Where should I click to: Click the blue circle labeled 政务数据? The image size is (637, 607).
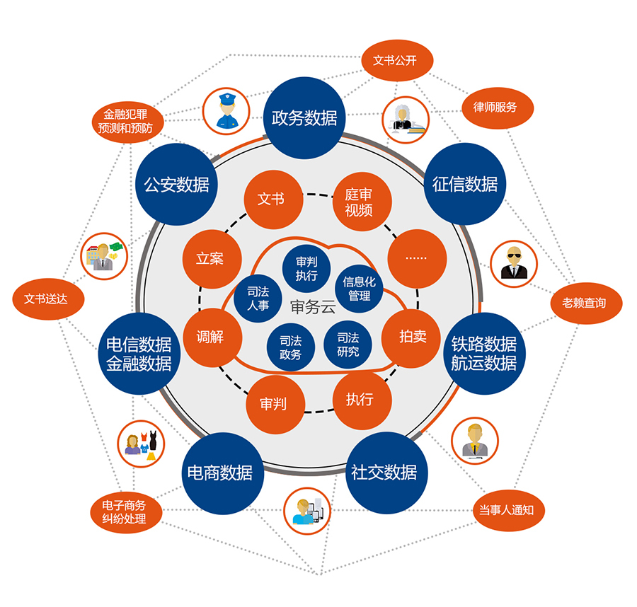pos(304,117)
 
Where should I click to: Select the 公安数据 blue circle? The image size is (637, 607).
pos(176,185)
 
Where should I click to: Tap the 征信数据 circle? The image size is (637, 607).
pos(465,184)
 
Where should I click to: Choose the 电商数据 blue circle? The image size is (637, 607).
pos(219,473)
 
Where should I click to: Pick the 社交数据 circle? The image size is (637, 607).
pos(384,473)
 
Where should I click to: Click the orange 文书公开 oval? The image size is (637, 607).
pos(395,60)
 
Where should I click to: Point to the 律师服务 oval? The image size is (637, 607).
pos(495,108)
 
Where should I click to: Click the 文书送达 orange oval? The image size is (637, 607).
pos(49,299)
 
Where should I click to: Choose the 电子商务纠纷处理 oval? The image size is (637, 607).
pos(124,512)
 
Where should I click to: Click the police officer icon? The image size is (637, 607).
pos(226,112)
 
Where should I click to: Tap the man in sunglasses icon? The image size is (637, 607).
pos(514,263)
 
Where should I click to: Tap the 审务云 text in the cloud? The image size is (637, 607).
pos(312,307)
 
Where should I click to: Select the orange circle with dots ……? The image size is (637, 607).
pos(417,258)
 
